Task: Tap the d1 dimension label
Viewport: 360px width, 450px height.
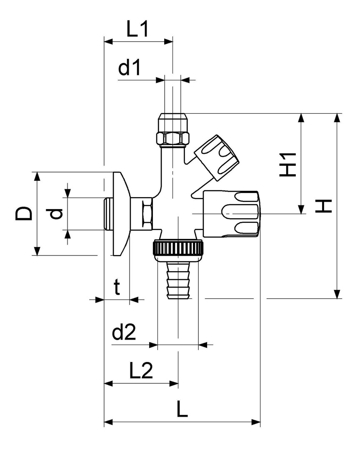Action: [130, 68]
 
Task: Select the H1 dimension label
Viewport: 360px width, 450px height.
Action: [287, 163]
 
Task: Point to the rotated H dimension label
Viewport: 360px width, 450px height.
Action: [323, 205]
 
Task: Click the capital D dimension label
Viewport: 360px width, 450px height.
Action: [24, 213]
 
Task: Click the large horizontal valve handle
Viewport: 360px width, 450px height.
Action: [231, 214]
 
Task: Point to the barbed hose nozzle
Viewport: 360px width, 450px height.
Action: [178, 279]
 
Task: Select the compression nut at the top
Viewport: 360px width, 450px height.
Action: [172, 129]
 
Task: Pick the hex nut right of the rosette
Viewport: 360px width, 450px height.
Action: [147, 214]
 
